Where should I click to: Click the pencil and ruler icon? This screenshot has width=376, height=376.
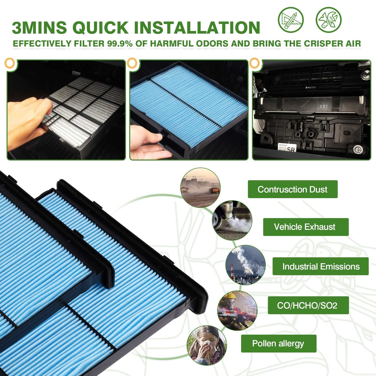tap(291, 20)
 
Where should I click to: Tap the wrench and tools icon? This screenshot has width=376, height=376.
tap(328, 20)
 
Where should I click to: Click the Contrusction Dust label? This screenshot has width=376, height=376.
tap(292, 189)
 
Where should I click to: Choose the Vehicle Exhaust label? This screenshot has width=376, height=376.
tap(306, 227)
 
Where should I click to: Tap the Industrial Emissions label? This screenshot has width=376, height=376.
tap(320, 266)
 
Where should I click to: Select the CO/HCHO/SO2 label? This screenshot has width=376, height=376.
tap(308, 305)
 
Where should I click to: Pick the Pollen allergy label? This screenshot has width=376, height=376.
tap(279, 344)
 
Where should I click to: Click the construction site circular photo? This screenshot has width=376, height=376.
tap(200, 187)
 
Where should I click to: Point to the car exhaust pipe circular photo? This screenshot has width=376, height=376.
tap(232, 220)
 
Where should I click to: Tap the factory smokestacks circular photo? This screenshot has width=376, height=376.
tap(245, 265)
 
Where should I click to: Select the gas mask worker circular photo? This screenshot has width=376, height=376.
tap(237, 310)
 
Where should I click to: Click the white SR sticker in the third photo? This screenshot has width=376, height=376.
tap(287, 147)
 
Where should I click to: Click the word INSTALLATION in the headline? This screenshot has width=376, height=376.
tap(197, 27)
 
